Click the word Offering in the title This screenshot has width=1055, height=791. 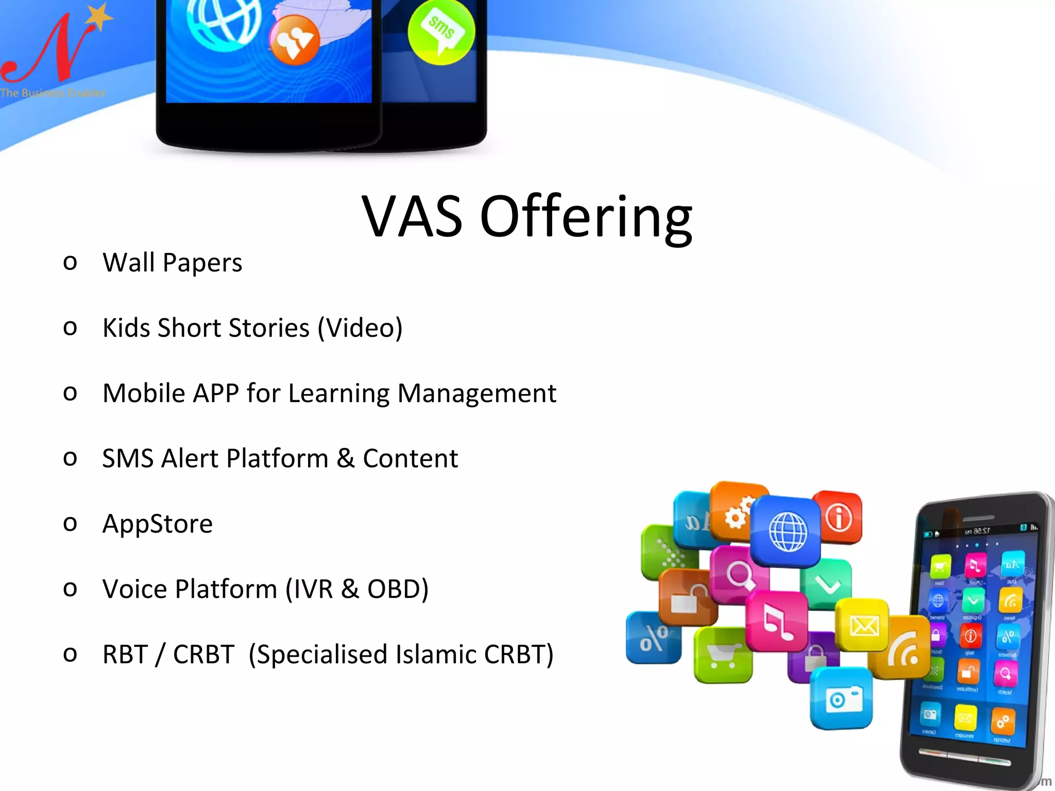(x=586, y=217)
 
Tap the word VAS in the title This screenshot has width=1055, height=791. (x=412, y=217)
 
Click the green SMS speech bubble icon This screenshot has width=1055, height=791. (x=441, y=32)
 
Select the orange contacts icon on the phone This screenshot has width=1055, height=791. (x=294, y=40)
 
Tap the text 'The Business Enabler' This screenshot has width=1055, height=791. (x=53, y=93)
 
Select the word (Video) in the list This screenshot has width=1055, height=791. (x=360, y=329)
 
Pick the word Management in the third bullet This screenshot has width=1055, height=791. (x=477, y=394)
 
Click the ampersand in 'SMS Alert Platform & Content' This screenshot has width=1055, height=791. (x=346, y=458)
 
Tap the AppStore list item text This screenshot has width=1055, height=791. (x=158, y=524)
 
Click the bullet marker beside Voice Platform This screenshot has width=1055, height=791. (x=70, y=588)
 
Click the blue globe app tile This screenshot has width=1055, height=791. (x=787, y=530)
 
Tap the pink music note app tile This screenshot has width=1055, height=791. (x=777, y=621)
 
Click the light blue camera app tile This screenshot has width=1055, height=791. (x=842, y=698)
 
